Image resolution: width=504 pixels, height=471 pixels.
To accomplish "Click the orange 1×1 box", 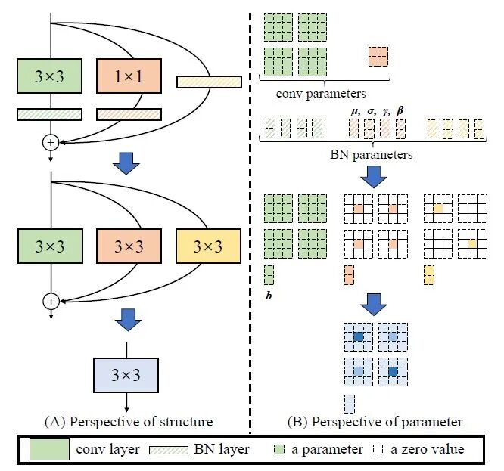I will tap(129, 76).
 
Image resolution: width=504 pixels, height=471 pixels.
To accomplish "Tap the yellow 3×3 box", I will tap(207, 247).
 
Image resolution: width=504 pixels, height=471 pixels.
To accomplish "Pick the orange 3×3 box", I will tap(129, 247).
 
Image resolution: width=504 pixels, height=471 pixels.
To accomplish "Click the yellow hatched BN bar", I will tap(209, 82).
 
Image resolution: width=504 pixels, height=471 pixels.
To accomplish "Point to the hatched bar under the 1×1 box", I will tap(129, 114).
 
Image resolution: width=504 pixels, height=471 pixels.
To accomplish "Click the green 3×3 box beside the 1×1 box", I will tap(50, 76).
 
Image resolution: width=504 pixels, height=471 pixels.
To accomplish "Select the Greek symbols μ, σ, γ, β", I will tap(377, 110).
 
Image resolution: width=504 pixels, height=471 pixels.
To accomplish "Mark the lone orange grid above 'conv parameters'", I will tap(378, 56).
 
